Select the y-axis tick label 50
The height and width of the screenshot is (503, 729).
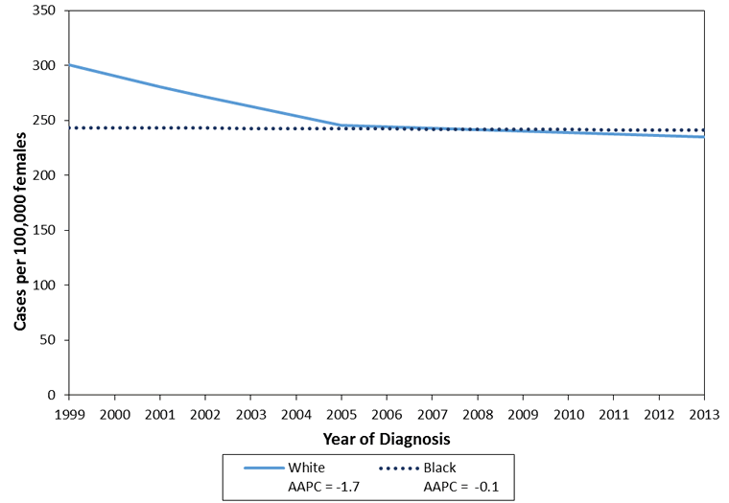(x=49, y=340)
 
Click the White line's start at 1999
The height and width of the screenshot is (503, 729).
(x=68, y=65)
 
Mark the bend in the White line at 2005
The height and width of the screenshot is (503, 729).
(x=341, y=126)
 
